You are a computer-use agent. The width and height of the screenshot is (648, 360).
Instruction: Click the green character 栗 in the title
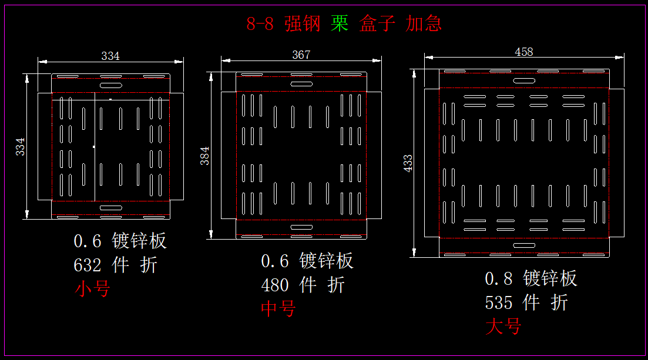tap(340, 23)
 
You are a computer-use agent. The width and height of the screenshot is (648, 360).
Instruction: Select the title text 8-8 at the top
tap(260, 24)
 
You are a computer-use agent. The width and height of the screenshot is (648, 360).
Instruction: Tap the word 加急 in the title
tap(424, 23)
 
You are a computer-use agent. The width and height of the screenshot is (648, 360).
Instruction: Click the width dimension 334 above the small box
tap(110, 56)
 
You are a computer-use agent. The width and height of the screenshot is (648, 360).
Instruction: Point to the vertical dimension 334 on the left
tap(21, 146)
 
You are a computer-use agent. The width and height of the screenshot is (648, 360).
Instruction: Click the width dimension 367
tap(301, 55)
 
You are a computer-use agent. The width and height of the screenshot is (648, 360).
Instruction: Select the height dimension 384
tap(205, 155)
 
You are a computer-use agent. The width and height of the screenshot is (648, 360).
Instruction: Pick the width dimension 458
tap(523, 52)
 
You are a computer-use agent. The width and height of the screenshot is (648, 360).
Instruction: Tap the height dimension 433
tap(408, 163)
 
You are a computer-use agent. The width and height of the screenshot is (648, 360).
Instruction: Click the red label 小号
tap(92, 288)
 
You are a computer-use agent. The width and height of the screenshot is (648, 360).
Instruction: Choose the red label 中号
tap(278, 308)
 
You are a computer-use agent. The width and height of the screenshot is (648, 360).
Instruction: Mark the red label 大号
tap(503, 326)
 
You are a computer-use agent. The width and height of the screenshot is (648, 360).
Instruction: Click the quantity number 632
tap(88, 265)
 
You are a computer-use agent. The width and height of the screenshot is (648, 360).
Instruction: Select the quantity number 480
tap(275, 285)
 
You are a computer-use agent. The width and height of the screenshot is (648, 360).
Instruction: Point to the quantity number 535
tap(499, 303)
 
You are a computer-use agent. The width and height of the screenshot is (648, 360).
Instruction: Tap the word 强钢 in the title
tap(303, 23)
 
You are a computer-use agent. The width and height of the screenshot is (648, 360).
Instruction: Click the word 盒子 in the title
tap(377, 23)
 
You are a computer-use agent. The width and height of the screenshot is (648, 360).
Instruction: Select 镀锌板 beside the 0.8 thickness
tap(550, 278)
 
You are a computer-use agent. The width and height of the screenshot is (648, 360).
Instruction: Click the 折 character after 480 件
tap(336, 285)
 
